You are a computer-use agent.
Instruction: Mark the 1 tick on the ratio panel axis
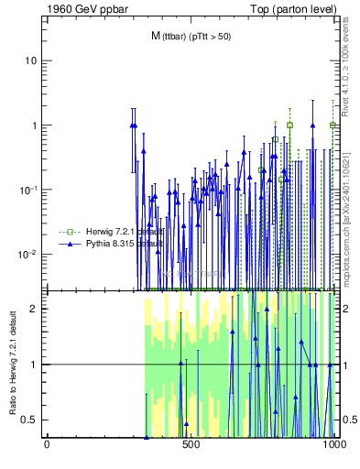[36, 365]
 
